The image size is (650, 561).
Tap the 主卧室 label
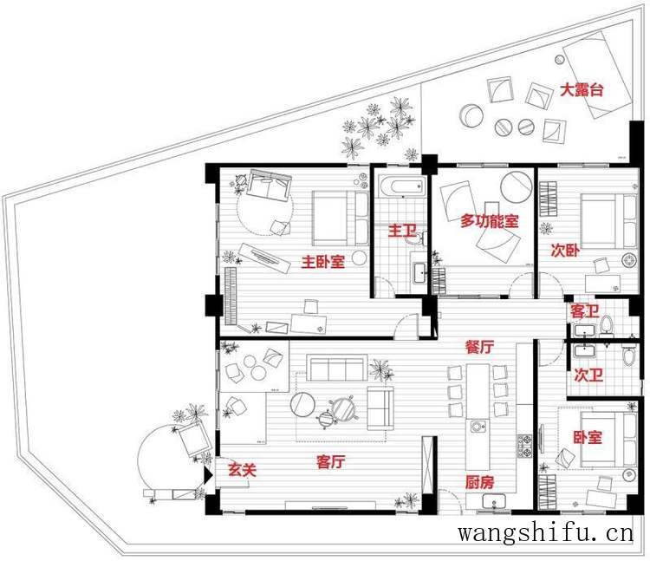(322, 262)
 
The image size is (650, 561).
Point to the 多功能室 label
(490, 221)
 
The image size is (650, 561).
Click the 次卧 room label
(564, 251)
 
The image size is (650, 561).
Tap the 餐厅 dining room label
(479, 347)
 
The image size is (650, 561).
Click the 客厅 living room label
(327, 462)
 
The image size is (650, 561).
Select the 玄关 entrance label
(241, 469)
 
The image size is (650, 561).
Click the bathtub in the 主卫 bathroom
(400, 186)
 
